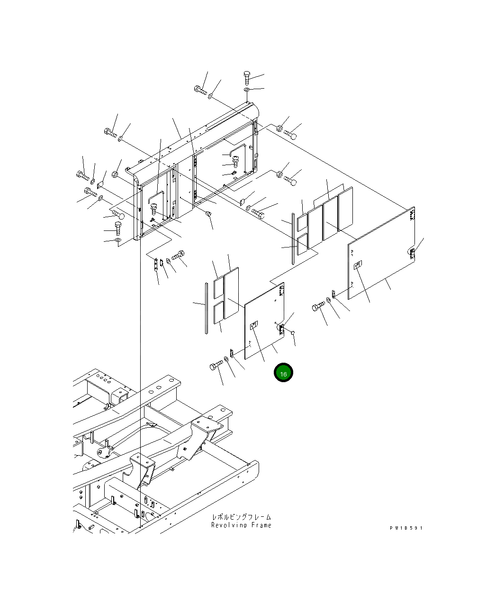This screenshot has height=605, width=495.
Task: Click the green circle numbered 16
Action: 283,373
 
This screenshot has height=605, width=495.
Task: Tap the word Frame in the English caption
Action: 261,525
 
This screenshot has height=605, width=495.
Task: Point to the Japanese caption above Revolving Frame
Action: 242,517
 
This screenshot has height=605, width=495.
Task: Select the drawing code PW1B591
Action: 406,528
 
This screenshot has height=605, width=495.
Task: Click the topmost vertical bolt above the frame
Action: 247,77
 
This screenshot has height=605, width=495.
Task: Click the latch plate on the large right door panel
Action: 357,266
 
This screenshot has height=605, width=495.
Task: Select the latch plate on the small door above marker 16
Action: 253,324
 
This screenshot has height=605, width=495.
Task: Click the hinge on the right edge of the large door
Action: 413,252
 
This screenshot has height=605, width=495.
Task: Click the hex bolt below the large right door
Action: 317,307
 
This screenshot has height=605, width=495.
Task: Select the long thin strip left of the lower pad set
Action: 207,308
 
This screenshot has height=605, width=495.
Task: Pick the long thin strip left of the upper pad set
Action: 294,238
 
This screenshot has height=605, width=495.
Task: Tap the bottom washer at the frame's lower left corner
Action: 118,241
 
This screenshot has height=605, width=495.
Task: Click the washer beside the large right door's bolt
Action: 328,301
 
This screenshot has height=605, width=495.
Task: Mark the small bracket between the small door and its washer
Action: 232,353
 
